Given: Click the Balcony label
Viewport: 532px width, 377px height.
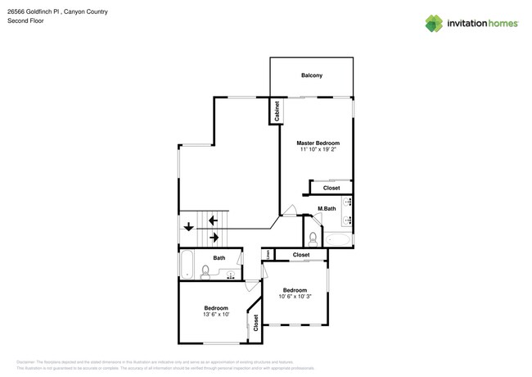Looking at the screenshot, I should pyautogui.click(x=311, y=75).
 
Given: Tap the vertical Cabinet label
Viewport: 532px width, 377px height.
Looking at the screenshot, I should pyautogui.click(x=277, y=111).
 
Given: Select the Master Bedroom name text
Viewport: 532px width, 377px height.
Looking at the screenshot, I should pyautogui.click(x=318, y=143).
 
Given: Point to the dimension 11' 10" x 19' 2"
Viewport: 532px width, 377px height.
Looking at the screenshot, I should pyautogui.click(x=318, y=150).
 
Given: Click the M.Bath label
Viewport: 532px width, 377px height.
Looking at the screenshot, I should pyautogui.click(x=327, y=209).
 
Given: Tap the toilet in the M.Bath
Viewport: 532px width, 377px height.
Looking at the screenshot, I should pyautogui.click(x=313, y=238).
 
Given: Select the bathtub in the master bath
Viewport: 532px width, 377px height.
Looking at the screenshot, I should pyautogui.click(x=340, y=240).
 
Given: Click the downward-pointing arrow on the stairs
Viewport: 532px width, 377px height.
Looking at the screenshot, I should pyautogui.click(x=188, y=227).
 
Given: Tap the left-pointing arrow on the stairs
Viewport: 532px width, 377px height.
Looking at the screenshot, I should pyautogui.click(x=213, y=220).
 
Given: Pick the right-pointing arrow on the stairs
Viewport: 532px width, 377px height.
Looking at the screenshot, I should pyautogui.click(x=214, y=238).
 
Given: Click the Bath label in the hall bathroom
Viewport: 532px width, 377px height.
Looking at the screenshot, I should pyautogui.click(x=219, y=258).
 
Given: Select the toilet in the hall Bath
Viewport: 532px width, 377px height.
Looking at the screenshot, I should pyautogui.click(x=205, y=270).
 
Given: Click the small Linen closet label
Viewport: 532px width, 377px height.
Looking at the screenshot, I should pyautogui.click(x=267, y=255).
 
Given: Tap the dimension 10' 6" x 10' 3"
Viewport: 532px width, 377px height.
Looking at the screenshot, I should pyautogui.click(x=294, y=298).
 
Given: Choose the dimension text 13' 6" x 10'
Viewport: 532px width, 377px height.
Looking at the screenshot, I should pyautogui.click(x=215, y=315).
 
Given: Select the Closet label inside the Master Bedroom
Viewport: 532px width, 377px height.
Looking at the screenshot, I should pyautogui.click(x=331, y=188).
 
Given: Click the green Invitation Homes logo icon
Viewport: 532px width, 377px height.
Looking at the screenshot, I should pyautogui.click(x=434, y=23).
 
